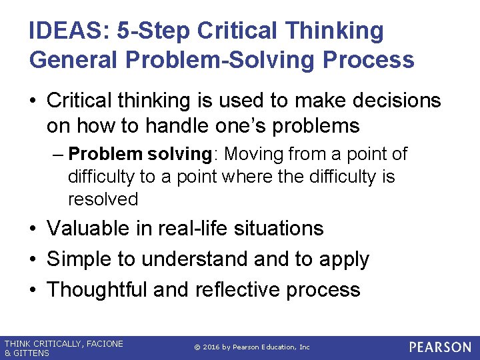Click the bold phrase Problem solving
[140, 154]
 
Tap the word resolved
[103, 199]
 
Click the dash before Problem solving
[57, 155]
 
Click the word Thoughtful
[97, 289]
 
